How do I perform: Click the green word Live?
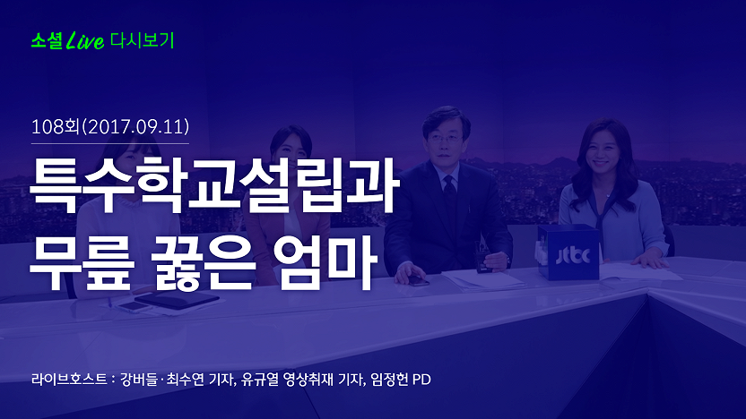pyautogui.click(x=85, y=40)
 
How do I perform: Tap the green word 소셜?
pyautogui.click(x=47, y=41)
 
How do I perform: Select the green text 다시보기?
pyautogui.click(x=143, y=40)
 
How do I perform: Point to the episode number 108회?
pyautogui.click(x=55, y=127)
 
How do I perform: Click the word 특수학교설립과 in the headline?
pyautogui.click(x=214, y=184)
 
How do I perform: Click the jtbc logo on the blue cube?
pyautogui.click(x=573, y=255)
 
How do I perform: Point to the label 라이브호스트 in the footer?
pyautogui.click(x=69, y=380)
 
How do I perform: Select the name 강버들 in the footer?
pyautogui.click(x=138, y=380)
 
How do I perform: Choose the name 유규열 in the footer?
pyautogui.click(x=260, y=380)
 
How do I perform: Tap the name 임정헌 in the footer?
pyautogui.click(x=390, y=380)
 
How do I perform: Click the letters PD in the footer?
pyautogui.click(x=421, y=380)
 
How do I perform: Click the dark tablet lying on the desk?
pyautogui.click(x=177, y=300)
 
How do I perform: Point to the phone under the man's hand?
pyautogui.click(x=417, y=280)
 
